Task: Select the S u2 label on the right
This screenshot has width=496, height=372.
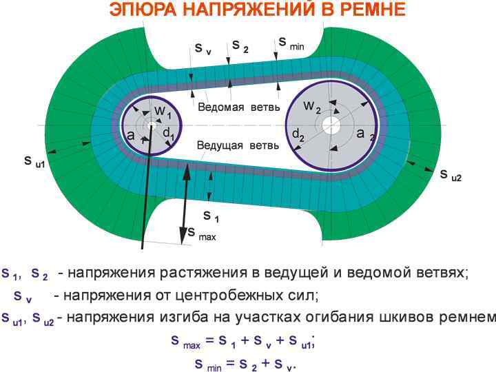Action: (451, 175)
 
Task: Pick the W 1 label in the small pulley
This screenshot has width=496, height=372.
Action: (163, 112)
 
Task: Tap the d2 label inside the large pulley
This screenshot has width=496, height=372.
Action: (298, 135)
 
